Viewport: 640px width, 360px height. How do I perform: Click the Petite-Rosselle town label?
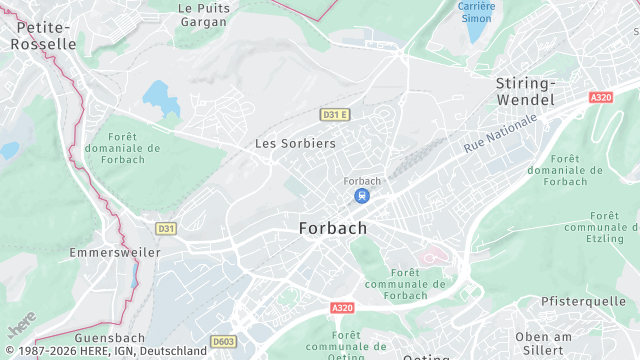tap(43, 36)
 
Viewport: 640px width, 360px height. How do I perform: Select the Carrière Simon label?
tap(476, 12)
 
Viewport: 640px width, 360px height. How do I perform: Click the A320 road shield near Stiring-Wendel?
tap(601, 97)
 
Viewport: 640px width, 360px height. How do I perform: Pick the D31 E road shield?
tap(334, 115)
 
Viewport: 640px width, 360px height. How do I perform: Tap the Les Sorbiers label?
tap(295, 143)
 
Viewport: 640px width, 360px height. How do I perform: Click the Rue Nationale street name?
tap(500, 133)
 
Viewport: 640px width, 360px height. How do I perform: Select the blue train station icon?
tap(362, 195)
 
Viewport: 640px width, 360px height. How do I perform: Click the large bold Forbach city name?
tap(333, 228)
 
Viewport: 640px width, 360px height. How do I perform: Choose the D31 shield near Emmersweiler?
tap(166, 229)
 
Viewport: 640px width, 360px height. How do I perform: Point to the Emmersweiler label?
tap(115, 253)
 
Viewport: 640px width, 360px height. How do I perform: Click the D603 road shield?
tap(224, 341)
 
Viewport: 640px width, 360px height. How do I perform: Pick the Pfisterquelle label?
tap(583, 301)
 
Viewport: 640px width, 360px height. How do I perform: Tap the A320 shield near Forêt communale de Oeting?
tap(342, 308)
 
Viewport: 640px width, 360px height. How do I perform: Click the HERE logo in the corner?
tap(21, 325)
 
